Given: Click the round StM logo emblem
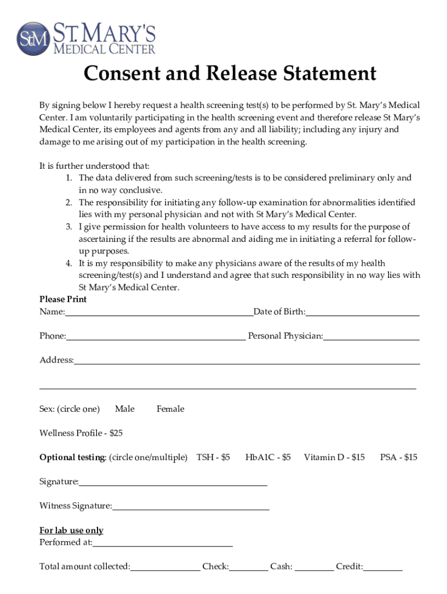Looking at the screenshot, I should click(33, 38).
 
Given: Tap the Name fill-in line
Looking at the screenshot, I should click(159, 313).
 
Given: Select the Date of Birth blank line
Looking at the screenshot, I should click(362, 313).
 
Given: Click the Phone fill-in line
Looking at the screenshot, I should click(156, 337).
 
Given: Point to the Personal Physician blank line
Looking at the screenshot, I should click(372, 337).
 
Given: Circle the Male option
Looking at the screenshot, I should click(125, 409).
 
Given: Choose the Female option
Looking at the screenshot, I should click(170, 409).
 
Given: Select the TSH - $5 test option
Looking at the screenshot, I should click(214, 458).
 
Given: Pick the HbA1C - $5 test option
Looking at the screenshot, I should click(268, 458).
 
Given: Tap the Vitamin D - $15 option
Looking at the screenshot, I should click(334, 458).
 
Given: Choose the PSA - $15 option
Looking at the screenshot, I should click(399, 458).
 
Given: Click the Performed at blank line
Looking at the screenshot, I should click(163, 544).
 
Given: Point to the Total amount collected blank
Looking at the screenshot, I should click(165, 568).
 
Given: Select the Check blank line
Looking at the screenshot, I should click(248, 568).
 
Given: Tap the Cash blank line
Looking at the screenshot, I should click(315, 568).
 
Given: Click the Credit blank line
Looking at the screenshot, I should click(383, 568).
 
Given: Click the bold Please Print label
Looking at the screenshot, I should click(63, 299).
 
